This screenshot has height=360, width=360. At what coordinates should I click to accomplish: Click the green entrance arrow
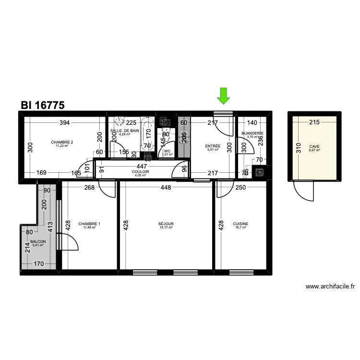(223, 96)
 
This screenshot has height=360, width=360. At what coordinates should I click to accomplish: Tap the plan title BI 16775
(43, 105)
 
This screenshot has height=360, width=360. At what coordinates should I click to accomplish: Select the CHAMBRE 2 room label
(62, 142)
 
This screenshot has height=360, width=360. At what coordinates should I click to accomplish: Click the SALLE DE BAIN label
(124, 131)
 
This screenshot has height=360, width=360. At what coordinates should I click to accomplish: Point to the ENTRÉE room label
(212, 146)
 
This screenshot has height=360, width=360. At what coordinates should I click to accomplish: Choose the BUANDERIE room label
(252, 133)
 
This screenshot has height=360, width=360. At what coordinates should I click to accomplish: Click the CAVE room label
(314, 146)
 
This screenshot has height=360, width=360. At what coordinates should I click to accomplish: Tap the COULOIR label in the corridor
(141, 172)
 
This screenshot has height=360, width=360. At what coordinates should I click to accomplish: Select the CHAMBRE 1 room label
(89, 224)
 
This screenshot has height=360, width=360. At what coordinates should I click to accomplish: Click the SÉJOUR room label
(166, 224)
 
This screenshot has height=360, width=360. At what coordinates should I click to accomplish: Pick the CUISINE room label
(240, 224)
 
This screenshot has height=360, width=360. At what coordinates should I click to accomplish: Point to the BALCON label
(37, 242)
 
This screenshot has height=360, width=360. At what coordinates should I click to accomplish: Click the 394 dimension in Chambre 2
(64, 123)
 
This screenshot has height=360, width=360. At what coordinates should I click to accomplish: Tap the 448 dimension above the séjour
(166, 188)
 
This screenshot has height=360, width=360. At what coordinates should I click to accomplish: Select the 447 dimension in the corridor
(141, 166)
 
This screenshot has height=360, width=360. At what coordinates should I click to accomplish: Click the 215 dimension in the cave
(314, 123)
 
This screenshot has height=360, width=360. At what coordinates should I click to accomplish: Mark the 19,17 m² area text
(166, 228)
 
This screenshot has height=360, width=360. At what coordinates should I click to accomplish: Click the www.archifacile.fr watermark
(330, 287)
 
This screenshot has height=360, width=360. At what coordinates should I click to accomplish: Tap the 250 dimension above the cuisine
(240, 188)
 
